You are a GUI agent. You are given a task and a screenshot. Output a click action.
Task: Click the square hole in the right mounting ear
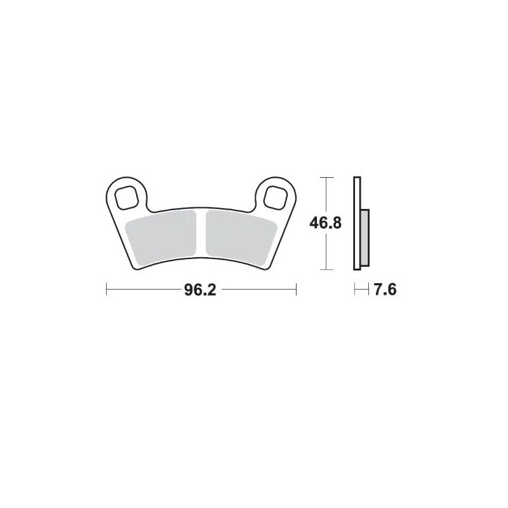[276, 196]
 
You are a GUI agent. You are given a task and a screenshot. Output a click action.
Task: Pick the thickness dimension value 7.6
[385, 291]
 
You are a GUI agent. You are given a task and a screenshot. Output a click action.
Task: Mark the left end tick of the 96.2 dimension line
[105, 291]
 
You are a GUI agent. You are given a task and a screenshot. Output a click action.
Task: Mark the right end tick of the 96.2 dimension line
[297, 291]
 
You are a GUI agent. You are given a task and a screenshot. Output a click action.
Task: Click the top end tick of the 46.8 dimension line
[326, 177]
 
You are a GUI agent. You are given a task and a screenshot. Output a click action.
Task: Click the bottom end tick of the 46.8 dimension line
[326, 271]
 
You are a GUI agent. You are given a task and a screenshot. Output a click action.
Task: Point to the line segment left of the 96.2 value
[143, 291]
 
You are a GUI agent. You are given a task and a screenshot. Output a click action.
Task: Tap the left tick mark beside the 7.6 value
[354, 291]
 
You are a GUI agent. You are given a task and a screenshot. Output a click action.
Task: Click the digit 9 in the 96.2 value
[189, 291]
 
